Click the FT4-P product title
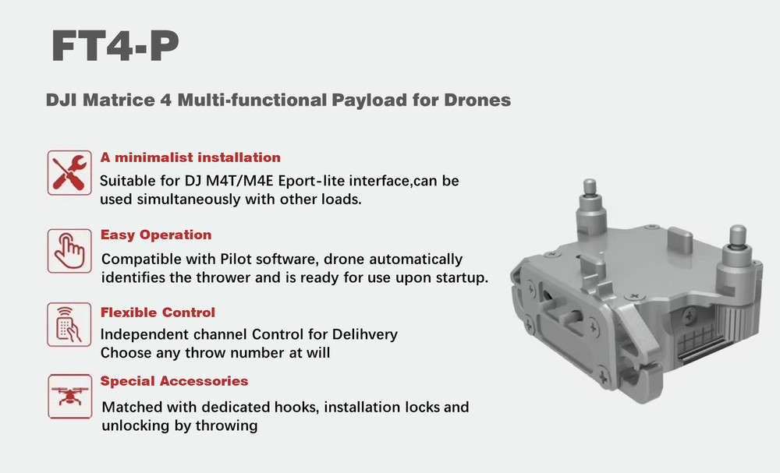[115, 47]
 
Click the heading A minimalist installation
[190, 157]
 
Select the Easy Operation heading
[156, 235]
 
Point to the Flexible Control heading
[158, 312]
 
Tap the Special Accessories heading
[174, 381]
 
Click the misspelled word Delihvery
[363, 335]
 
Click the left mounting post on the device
[590, 205]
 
